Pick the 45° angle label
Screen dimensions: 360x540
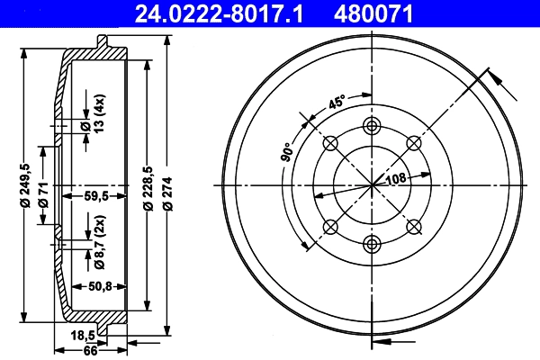(x=337, y=102)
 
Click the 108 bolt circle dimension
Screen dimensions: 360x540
(x=396, y=180)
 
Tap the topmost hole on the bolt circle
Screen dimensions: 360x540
(x=372, y=126)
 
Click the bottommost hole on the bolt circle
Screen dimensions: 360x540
(x=372, y=242)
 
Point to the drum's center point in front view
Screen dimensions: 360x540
(x=372, y=184)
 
